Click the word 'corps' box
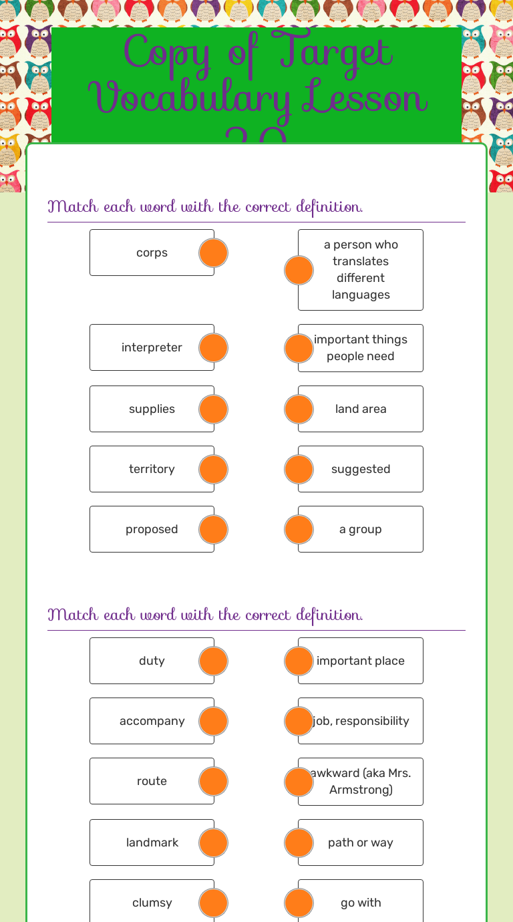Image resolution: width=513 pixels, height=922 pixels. coord(152,253)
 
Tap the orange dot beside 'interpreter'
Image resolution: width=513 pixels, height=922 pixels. coord(214,347)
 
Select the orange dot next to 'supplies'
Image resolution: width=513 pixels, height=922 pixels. coord(214,409)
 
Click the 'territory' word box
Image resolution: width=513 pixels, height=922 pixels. coord(152,469)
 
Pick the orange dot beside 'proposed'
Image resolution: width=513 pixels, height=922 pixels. coord(214,529)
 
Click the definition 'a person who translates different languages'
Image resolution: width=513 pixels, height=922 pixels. coord(361,270)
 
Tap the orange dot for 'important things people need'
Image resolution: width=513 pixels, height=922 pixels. coord(299,348)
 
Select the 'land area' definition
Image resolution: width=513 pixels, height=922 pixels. coord(361,409)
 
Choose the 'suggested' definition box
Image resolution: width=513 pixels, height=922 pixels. coord(361,469)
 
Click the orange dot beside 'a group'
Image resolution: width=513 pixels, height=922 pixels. coord(299,529)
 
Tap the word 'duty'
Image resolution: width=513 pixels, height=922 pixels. coord(152,661)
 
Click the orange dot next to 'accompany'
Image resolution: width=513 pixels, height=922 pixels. coord(214,721)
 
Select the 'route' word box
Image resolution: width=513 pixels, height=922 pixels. coord(152,781)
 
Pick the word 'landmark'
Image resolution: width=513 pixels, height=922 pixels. coord(152,842)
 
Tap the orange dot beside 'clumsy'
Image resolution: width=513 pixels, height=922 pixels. coord(214,903)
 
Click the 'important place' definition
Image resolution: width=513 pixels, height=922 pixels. coord(361,661)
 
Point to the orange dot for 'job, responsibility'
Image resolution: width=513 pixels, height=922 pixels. coord(299,721)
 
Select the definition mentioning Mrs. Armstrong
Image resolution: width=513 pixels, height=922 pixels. coord(361,782)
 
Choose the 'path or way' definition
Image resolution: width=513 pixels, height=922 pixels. coord(361,842)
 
